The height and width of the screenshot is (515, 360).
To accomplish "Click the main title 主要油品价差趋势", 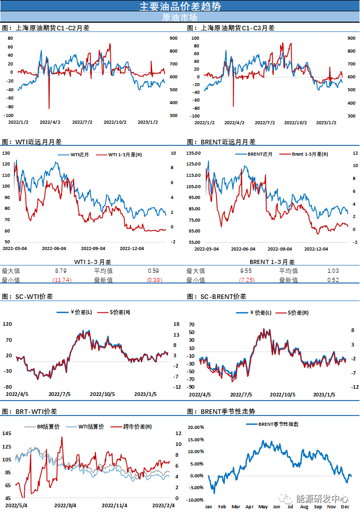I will point(180,6).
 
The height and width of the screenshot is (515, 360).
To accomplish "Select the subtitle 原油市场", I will point(180,17).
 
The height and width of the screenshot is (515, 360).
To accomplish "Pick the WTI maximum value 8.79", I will point(60,271).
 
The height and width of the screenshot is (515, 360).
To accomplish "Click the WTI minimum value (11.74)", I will point(62,280).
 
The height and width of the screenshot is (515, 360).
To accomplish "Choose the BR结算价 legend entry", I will point(49,427).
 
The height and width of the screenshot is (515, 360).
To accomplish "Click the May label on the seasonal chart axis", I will point(263,507).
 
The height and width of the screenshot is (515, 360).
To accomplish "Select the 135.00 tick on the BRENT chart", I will point(193,153).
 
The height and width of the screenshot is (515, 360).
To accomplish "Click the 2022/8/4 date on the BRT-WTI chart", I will point(66,506).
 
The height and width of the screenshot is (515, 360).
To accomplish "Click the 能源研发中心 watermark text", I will point(322,499).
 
